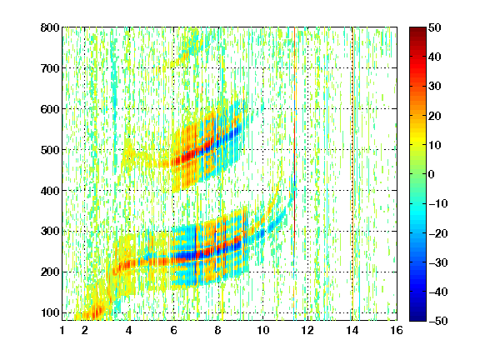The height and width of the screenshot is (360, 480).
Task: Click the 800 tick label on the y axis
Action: click(x=50, y=27)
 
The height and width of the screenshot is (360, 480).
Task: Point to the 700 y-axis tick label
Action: click(x=50, y=68)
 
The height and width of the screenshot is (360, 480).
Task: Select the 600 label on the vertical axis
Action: click(x=50, y=109)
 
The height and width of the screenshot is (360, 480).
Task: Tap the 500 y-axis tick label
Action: click(x=50, y=150)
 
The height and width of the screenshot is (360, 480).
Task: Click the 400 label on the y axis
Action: click(x=50, y=191)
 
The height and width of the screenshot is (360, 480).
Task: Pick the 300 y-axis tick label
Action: click(x=50, y=231)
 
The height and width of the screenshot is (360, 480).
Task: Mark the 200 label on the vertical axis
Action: click(x=50, y=272)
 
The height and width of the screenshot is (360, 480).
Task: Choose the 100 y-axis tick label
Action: click(x=50, y=312)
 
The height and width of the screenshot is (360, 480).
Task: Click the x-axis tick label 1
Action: click(x=62, y=330)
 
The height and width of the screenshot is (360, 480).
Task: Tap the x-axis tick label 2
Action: click(x=85, y=330)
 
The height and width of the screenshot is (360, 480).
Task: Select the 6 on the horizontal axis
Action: click(x=174, y=330)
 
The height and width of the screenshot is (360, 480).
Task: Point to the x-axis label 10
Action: click(x=263, y=330)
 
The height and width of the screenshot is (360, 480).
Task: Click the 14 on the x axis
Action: click(x=352, y=330)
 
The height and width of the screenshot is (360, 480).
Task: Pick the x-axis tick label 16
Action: click(x=397, y=330)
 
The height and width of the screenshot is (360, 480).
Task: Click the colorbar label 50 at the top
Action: click(x=435, y=27)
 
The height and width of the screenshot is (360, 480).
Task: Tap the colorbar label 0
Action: click(x=432, y=174)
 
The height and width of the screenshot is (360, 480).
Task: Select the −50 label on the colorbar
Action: click(x=438, y=321)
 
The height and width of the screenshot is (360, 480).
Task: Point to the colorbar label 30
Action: click(x=435, y=87)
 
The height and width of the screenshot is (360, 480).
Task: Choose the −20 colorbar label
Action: click(x=438, y=233)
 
